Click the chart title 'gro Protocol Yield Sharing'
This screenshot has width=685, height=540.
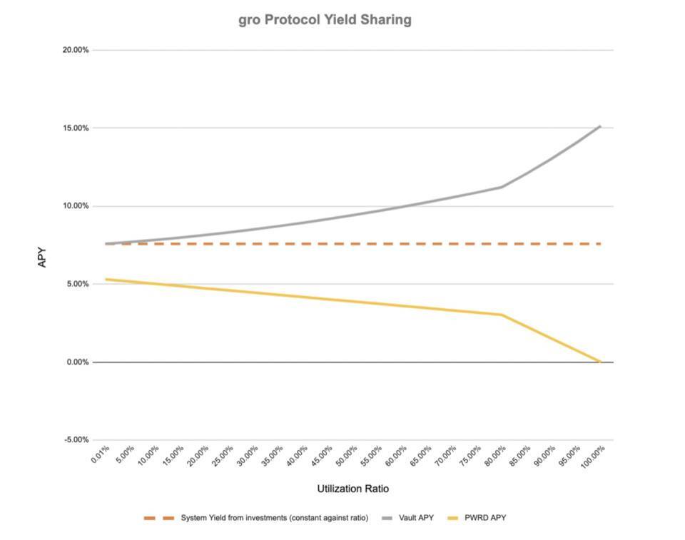(x=325, y=20)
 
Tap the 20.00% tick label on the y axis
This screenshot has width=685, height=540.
(x=75, y=50)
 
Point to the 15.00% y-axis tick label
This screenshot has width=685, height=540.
(x=75, y=128)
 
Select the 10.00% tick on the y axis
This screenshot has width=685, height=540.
(x=75, y=206)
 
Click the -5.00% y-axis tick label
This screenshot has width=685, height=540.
(x=76, y=439)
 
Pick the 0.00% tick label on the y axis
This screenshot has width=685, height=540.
(x=76, y=362)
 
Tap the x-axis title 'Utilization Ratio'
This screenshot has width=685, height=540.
(x=353, y=489)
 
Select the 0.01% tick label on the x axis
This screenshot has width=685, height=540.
(x=100, y=455)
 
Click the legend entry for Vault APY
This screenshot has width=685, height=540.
(x=415, y=518)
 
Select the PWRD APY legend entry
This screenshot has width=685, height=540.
(x=487, y=518)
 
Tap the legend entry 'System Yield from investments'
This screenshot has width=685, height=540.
(x=274, y=518)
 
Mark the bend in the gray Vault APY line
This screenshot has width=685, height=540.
(x=502, y=187)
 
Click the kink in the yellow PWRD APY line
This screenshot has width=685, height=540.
(x=502, y=315)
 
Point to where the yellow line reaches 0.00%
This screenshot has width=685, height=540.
(x=600, y=362)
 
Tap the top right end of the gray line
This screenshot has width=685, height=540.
(x=600, y=126)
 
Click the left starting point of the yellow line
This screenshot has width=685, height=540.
(x=106, y=279)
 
